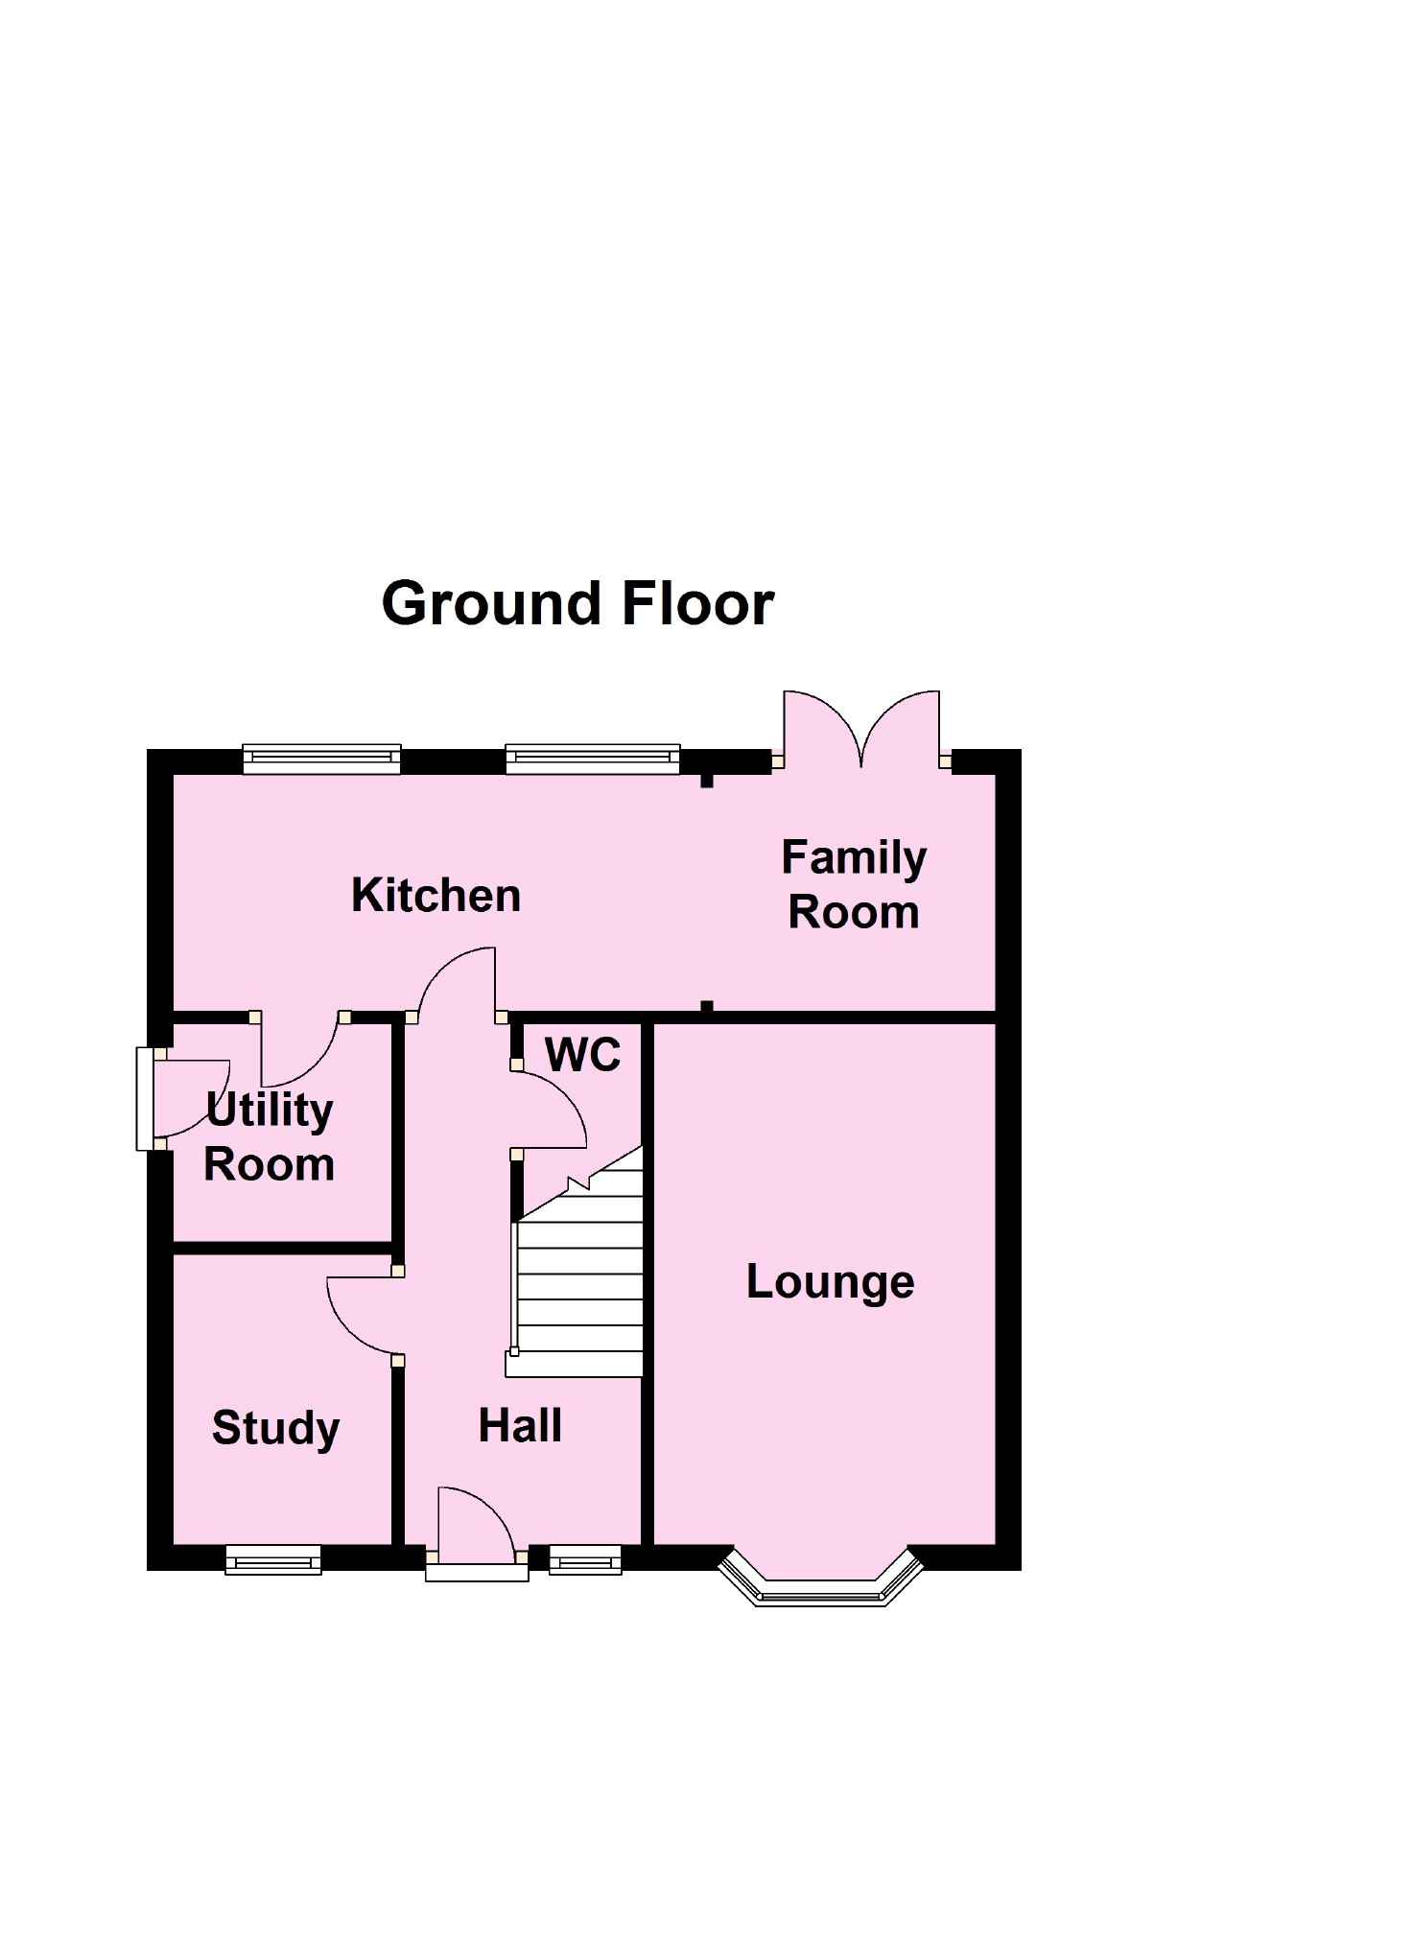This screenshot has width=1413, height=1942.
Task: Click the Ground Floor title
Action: tap(577, 604)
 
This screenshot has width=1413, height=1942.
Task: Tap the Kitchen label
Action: tap(436, 895)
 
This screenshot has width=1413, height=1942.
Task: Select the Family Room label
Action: tap(854, 884)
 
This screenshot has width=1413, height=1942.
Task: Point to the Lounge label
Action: tap(831, 1282)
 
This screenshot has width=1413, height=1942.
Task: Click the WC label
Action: tap(583, 1055)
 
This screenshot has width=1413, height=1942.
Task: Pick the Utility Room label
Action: tap(270, 1137)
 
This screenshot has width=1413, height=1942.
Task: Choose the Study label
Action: tap(276, 1428)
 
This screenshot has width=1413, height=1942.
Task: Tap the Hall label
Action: tap(520, 1425)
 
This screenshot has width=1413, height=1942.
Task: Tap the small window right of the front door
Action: tap(585, 1560)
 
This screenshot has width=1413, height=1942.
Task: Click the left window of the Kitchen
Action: tap(321, 759)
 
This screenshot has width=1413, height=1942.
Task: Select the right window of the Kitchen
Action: tap(593, 759)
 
